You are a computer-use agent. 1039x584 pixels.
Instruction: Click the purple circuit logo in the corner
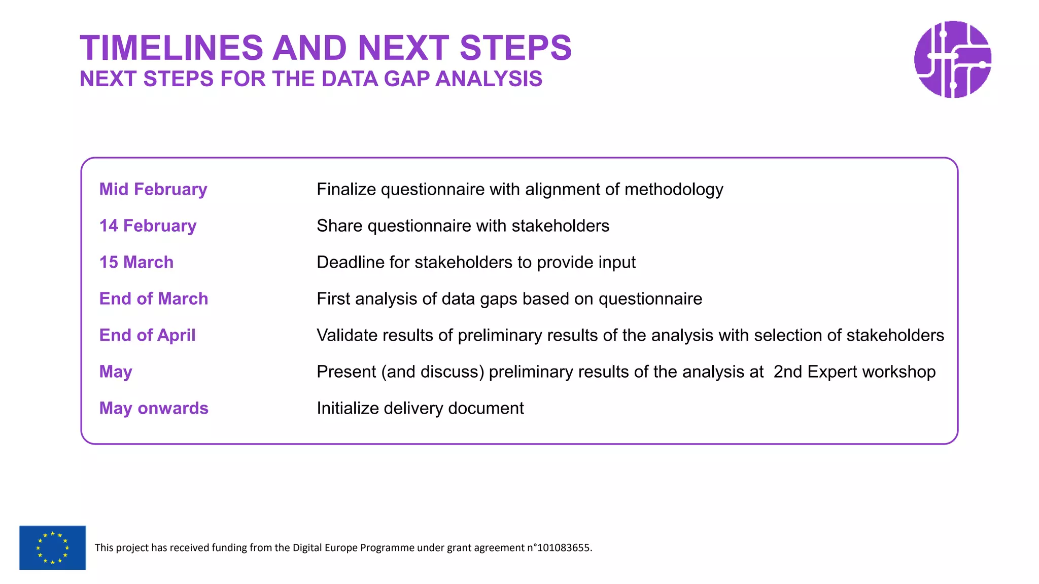953,59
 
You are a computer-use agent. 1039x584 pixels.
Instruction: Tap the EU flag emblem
52,547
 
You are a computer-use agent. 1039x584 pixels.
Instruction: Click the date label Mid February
153,189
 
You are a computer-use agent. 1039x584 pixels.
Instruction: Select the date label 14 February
148,226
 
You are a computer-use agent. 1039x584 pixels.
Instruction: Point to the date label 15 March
136,262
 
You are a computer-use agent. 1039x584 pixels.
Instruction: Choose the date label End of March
154,299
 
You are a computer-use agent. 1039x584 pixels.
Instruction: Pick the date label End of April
147,335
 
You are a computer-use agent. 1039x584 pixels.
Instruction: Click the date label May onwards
154,408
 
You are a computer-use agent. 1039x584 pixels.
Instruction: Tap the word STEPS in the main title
515,48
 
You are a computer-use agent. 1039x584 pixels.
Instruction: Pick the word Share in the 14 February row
339,226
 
